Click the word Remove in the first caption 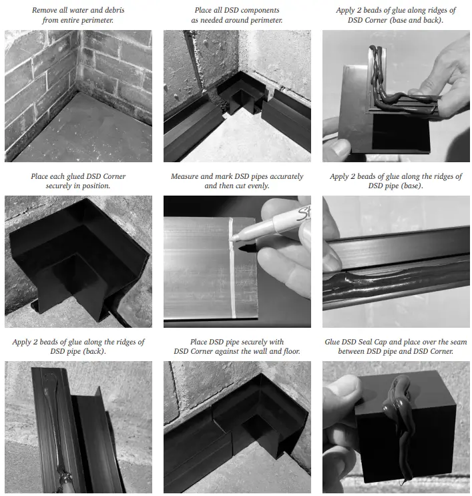(45, 11)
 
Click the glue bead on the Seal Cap (398, 407)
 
